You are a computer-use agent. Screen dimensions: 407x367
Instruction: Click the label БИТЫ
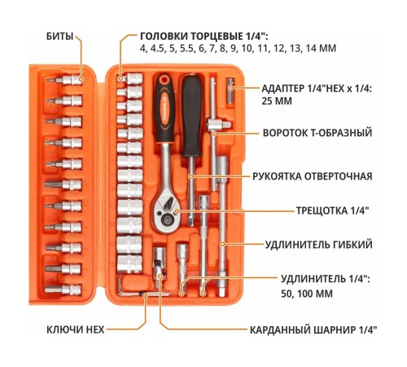point(59,36)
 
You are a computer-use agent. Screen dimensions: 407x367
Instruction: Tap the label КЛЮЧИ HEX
point(76,329)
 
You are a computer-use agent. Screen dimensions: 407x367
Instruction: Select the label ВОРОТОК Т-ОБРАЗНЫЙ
point(317,133)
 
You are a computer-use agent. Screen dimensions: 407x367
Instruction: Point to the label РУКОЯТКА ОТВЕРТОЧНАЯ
point(313,176)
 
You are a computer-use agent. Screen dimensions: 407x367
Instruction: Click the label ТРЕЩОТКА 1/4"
point(333,210)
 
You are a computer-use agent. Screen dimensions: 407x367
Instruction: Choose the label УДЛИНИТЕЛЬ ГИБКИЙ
point(318,245)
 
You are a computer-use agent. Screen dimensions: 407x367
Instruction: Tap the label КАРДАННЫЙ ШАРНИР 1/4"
point(313,330)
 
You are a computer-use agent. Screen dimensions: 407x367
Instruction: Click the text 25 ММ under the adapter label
point(277,101)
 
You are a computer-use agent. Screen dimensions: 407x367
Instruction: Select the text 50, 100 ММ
point(307,294)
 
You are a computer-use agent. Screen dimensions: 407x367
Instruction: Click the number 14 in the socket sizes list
point(311,48)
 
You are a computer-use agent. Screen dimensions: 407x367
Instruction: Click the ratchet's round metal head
point(165,214)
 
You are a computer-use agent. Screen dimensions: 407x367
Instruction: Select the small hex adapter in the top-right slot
point(230,91)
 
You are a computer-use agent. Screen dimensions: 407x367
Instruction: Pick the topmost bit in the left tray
point(63,80)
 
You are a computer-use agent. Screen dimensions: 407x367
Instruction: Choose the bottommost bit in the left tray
point(63,289)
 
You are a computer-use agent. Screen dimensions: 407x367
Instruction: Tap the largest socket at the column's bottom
point(129,263)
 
